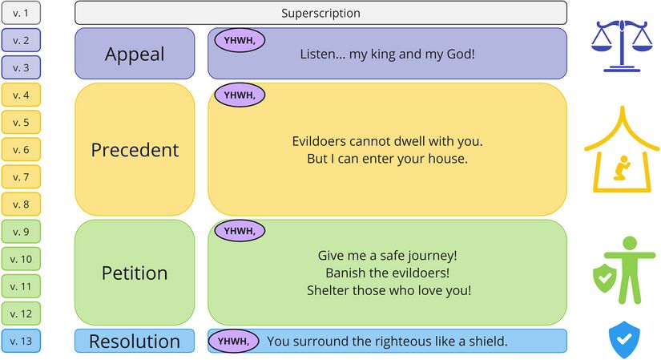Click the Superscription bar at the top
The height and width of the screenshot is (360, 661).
[x=320, y=13]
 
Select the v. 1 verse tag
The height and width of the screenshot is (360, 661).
[x=21, y=13]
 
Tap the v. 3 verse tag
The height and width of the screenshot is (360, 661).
[x=21, y=67]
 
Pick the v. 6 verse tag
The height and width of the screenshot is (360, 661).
[x=21, y=149]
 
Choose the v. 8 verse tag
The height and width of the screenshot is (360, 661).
[x=21, y=204]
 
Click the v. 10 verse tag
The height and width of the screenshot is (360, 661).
[x=21, y=259]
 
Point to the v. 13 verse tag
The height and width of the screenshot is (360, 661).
[x=21, y=341]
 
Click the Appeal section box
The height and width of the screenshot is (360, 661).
[x=135, y=54]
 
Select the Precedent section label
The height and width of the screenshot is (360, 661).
[x=135, y=150]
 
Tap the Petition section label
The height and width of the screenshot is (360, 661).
[x=135, y=273]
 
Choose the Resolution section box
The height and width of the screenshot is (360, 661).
[x=135, y=341]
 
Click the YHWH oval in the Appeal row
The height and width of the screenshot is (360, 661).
[x=240, y=41]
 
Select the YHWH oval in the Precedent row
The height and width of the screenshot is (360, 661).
[x=240, y=95]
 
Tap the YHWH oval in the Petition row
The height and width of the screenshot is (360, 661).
[x=240, y=231]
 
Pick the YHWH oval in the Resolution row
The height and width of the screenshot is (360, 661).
[x=233, y=341]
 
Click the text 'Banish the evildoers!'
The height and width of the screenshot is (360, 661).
[x=388, y=273]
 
